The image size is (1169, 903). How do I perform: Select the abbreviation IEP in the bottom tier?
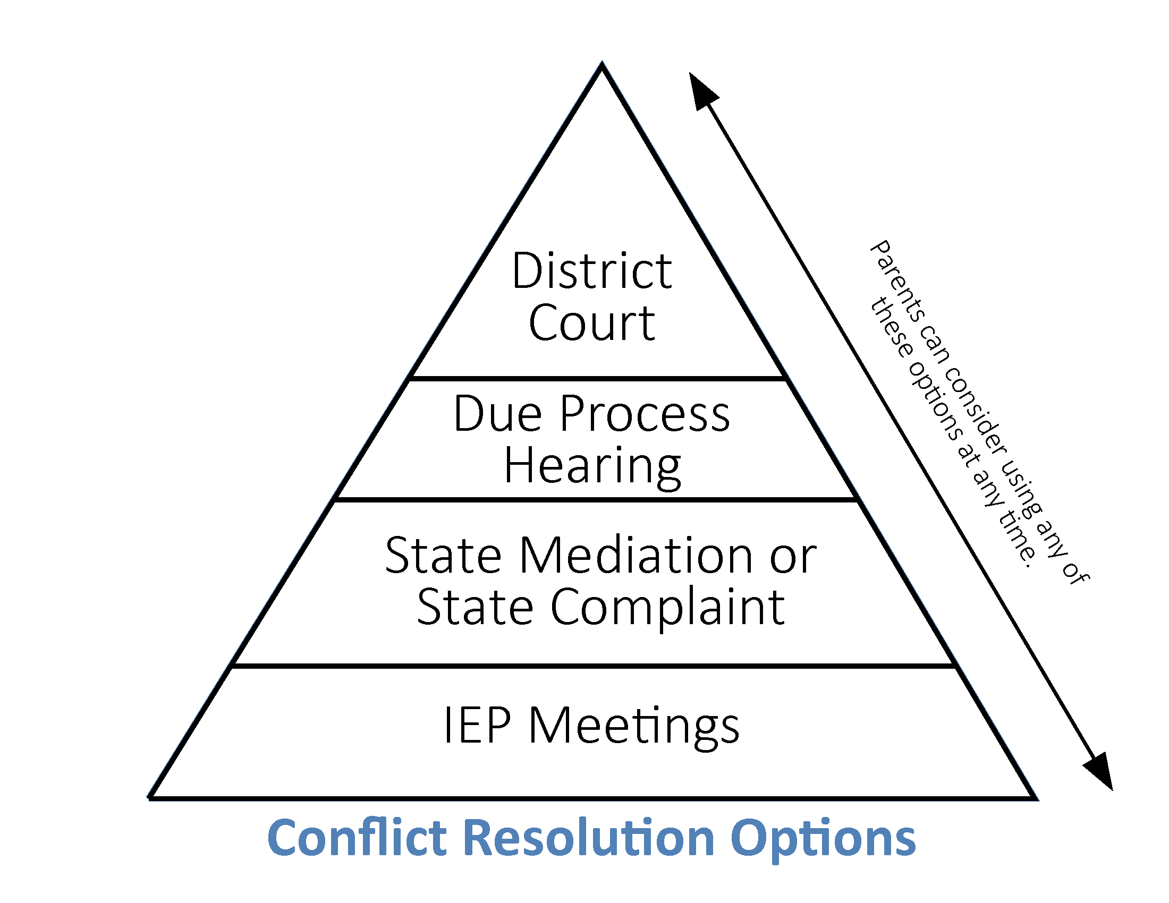click(477, 726)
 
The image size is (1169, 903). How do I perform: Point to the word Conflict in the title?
click(357, 838)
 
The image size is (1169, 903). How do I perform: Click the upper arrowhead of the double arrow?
click(702, 91)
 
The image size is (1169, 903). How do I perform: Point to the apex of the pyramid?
click(602, 65)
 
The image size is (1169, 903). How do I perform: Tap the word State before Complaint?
click(474, 607)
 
